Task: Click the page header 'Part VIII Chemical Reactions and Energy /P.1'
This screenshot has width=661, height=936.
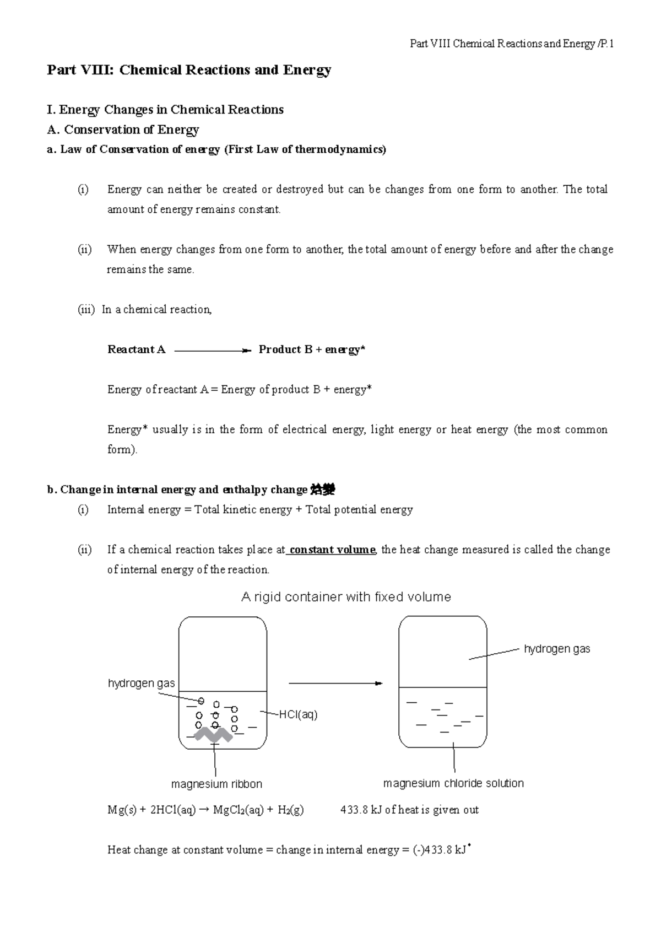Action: pyautogui.click(x=512, y=44)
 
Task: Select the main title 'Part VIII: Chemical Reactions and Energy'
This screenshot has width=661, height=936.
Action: pyautogui.click(x=189, y=70)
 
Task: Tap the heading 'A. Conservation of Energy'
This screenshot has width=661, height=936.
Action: pyautogui.click(x=123, y=130)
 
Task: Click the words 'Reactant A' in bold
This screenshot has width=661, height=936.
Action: pyautogui.click(x=136, y=349)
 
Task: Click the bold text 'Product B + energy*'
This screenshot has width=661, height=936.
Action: pyautogui.click(x=312, y=349)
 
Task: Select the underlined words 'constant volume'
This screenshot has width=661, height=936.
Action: pyautogui.click(x=332, y=550)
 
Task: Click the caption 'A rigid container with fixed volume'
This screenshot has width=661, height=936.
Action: pyautogui.click(x=346, y=597)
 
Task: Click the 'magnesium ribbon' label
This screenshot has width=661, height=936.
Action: pyautogui.click(x=216, y=784)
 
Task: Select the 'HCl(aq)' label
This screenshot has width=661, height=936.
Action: pyautogui.click(x=298, y=715)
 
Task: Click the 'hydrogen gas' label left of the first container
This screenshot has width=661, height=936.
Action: pyautogui.click(x=141, y=684)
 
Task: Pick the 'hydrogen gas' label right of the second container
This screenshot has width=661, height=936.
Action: pyautogui.click(x=556, y=649)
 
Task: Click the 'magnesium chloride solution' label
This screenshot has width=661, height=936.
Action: pyautogui.click(x=453, y=783)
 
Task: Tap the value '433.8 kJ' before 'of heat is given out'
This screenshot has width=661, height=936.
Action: pyautogui.click(x=361, y=810)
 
